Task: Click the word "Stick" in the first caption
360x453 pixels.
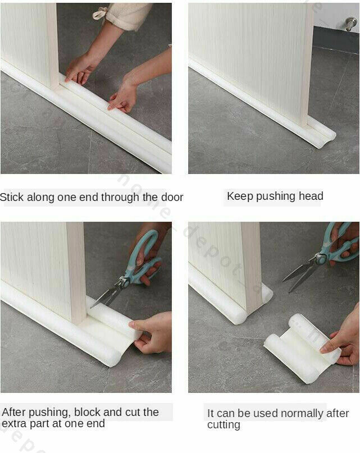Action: (x=12, y=198)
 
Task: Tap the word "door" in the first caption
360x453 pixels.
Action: (x=171, y=198)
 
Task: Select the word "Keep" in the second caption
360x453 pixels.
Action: (x=238, y=196)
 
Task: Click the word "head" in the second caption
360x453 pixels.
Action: (x=310, y=196)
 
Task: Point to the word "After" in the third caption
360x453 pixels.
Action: (x=16, y=412)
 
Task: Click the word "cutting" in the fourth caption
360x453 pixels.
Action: (x=224, y=425)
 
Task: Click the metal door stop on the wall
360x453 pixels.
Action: (x=350, y=24)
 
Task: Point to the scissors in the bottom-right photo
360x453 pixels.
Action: (x=322, y=258)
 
